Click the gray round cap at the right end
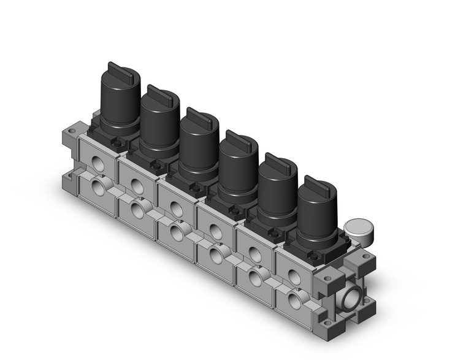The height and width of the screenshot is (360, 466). tap(357, 229)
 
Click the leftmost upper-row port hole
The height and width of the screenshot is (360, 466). tap(96, 162)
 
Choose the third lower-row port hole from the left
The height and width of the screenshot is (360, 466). tap(177, 231)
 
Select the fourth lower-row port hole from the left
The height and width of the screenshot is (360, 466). tap(216, 253)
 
